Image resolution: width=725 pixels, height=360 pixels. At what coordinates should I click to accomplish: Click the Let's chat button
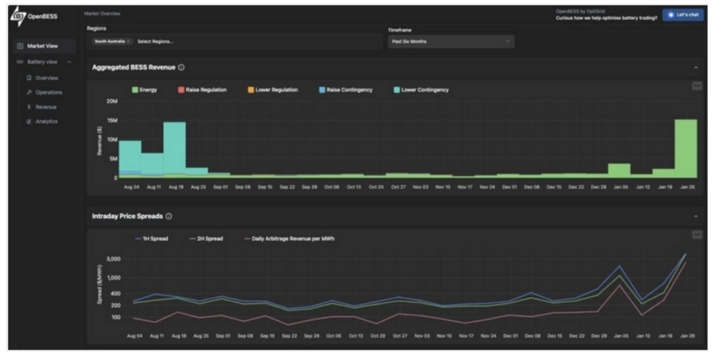click(683, 15)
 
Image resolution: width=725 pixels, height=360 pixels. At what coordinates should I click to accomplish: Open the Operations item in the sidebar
click(48, 92)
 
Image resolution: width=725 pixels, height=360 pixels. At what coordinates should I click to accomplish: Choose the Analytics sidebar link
click(47, 122)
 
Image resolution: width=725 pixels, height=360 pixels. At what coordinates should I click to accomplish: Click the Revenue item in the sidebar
click(47, 107)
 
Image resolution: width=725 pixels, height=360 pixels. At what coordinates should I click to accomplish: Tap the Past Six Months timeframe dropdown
click(451, 41)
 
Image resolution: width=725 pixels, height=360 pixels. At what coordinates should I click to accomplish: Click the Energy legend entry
click(144, 90)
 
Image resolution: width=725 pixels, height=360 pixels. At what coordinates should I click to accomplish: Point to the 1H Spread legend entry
click(151, 239)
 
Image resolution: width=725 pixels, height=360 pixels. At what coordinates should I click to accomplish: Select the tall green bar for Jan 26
click(685, 149)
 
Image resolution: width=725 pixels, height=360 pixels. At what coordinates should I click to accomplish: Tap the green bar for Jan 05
click(619, 171)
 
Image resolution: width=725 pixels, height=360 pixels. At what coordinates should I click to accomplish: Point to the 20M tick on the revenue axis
click(111, 102)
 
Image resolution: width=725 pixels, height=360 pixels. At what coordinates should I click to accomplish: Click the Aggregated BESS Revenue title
click(133, 68)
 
